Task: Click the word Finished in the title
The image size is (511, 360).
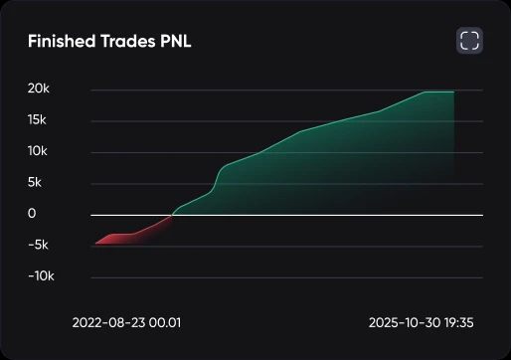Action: pos(59,42)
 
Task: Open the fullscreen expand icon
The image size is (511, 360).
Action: pos(469,41)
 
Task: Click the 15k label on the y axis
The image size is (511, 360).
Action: pos(38,120)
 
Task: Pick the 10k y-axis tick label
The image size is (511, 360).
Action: pos(38,151)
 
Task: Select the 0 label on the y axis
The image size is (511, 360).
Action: pos(32,214)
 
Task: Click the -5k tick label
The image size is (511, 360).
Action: pos(40,245)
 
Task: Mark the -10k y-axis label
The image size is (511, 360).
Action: pos(40,275)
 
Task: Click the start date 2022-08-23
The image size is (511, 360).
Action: pos(107,323)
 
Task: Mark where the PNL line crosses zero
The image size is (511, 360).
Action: pos(172,215)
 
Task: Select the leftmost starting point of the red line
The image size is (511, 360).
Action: pos(94,244)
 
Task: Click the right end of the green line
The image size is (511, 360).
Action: pos(454,91)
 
